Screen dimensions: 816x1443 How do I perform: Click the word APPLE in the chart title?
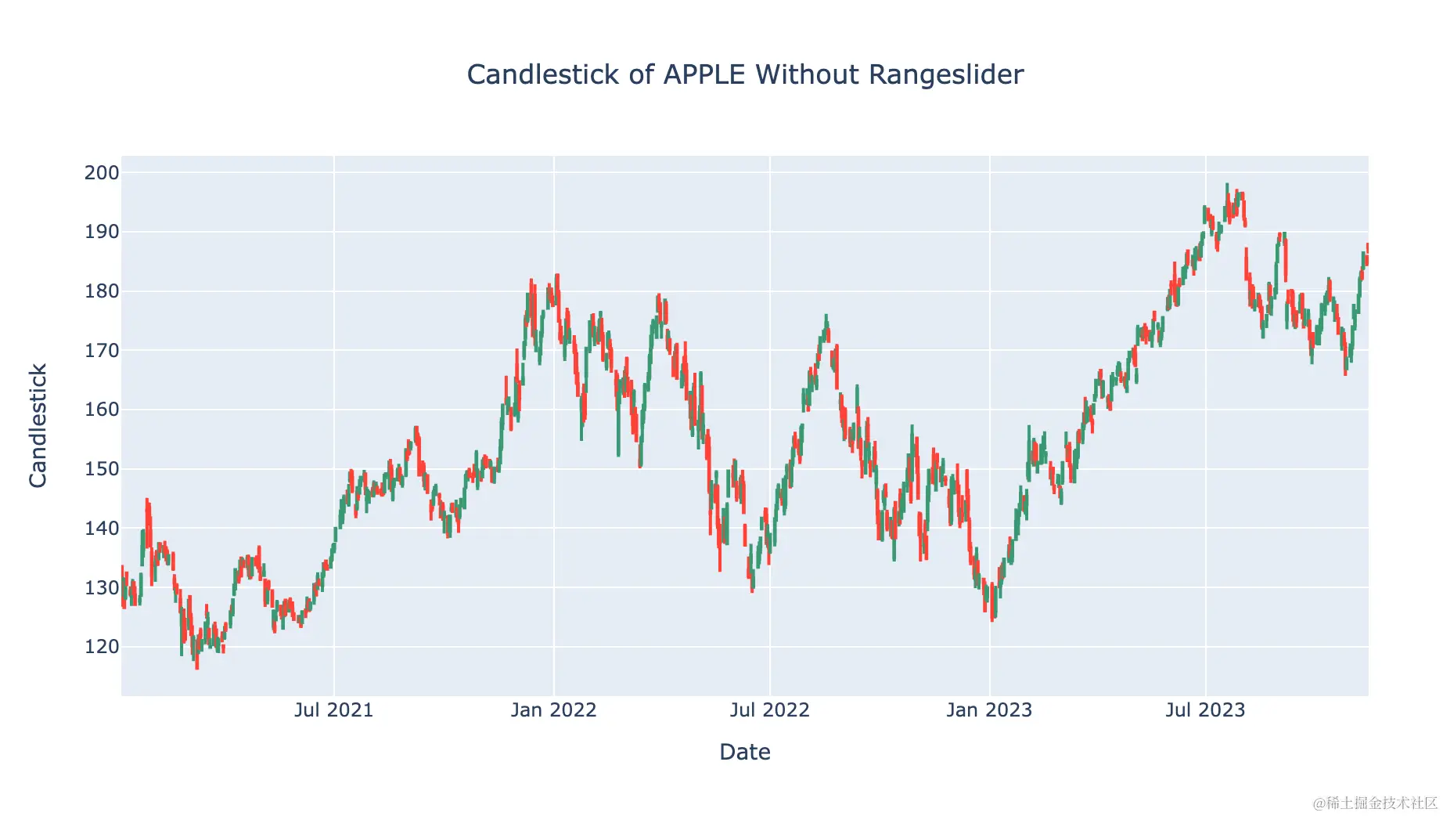[704, 75]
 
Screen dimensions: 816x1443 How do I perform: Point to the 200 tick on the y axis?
[102, 173]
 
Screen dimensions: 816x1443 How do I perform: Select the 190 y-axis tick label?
[102, 232]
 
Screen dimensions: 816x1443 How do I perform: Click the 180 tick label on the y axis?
[102, 291]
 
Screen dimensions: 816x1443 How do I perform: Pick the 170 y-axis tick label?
[102, 351]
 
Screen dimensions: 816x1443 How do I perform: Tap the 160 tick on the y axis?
[102, 410]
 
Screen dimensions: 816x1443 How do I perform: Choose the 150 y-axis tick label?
[102, 469]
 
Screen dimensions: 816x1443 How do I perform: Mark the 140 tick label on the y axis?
[102, 529]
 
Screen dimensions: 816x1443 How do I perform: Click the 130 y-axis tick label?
[102, 587]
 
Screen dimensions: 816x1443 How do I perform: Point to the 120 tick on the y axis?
[102, 647]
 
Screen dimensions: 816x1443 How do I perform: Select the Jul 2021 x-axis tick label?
[333, 710]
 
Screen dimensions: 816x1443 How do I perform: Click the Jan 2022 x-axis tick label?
[553, 710]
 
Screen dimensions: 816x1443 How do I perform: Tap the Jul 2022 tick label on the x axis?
[769, 710]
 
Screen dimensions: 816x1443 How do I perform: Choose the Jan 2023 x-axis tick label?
[989, 710]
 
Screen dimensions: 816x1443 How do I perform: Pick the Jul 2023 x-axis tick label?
[1205, 710]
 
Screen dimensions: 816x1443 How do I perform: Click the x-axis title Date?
[745, 752]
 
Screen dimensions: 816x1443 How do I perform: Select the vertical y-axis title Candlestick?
[38, 425]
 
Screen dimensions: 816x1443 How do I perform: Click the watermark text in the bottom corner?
[1375, 803]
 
